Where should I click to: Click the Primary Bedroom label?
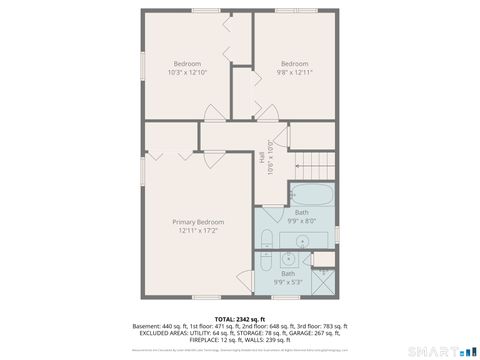197,222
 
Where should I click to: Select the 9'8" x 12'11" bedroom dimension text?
294,72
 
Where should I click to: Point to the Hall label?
262,158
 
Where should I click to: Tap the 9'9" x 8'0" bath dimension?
301,221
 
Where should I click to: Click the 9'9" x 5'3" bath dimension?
288,282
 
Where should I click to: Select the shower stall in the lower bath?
322,280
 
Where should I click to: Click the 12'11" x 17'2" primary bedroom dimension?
197,231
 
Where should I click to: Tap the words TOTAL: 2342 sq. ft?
239,318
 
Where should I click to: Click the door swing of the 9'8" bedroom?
265,108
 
